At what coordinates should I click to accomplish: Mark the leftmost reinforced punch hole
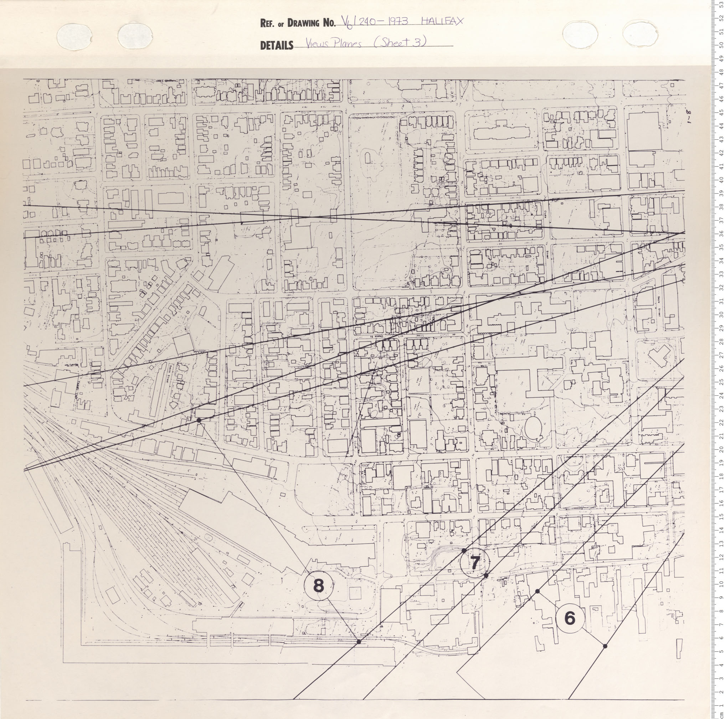pyautogui.click(x=74, y=37)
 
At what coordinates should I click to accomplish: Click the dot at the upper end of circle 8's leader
pyautogui.click(x=199, y=410)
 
